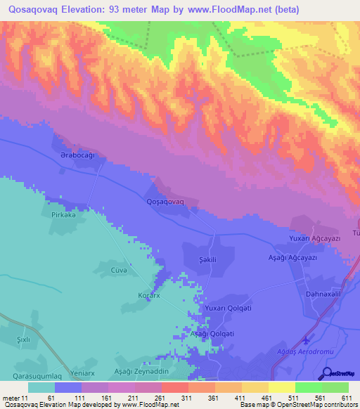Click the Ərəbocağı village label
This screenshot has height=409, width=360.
click(x=77, y=154)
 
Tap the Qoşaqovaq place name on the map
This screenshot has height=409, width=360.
click(x=165, y=202)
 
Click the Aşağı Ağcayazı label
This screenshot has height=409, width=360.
click(x=294, y=258)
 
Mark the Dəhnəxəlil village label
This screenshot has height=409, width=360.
click(x=323, y=294)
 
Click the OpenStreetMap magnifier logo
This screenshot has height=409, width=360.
click(x=327, y=373)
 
